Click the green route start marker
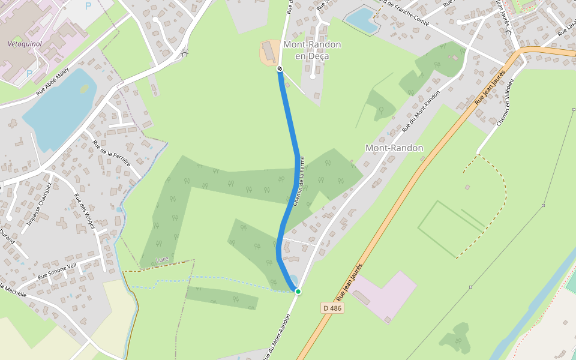(298, 292)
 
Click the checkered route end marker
(280, 69)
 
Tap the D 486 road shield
(332, 308)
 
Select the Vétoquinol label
(23, 44)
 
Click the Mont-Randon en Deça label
(311, 50)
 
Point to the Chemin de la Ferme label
(299, 181)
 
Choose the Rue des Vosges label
(85, 211)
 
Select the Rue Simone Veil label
(57, 272)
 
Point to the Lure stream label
(162, 259)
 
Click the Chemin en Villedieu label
(505, 103)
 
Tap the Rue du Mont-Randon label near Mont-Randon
(421, 111)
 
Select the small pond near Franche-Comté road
(362, 20)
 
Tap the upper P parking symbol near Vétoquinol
(88, 6)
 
